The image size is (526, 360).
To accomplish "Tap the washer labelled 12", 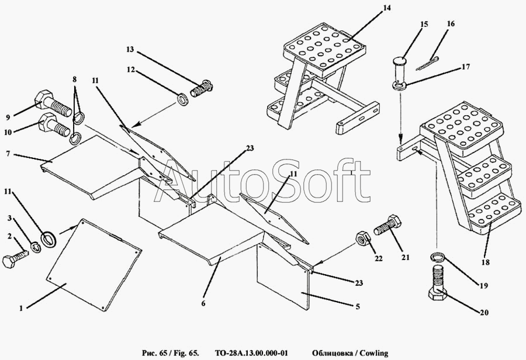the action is point(182,98).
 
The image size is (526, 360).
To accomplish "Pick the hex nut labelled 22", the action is point(361,239).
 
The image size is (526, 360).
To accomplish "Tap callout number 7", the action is point(9,155).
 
